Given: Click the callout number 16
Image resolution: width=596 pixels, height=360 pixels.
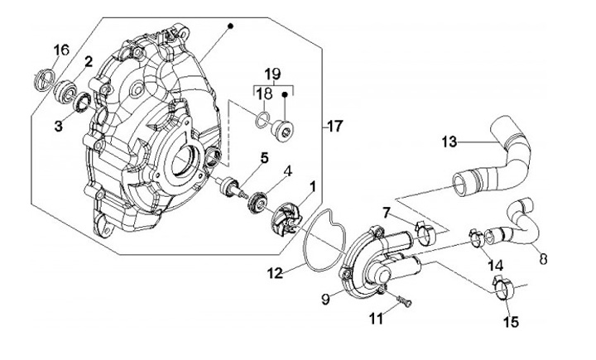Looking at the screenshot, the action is (61, 50).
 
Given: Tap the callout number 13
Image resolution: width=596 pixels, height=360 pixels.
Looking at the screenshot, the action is (449, 142).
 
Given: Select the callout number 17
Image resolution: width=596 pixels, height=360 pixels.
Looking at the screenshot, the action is (335, 127).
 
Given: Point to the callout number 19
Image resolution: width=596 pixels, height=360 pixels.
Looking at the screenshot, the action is (273, 73).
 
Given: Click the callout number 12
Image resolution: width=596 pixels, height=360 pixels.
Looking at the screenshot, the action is (275, 272).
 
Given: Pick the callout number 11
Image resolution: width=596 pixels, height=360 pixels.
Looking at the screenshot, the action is (377, 319).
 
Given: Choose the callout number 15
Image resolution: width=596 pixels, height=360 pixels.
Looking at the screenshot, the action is (511, 322).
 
